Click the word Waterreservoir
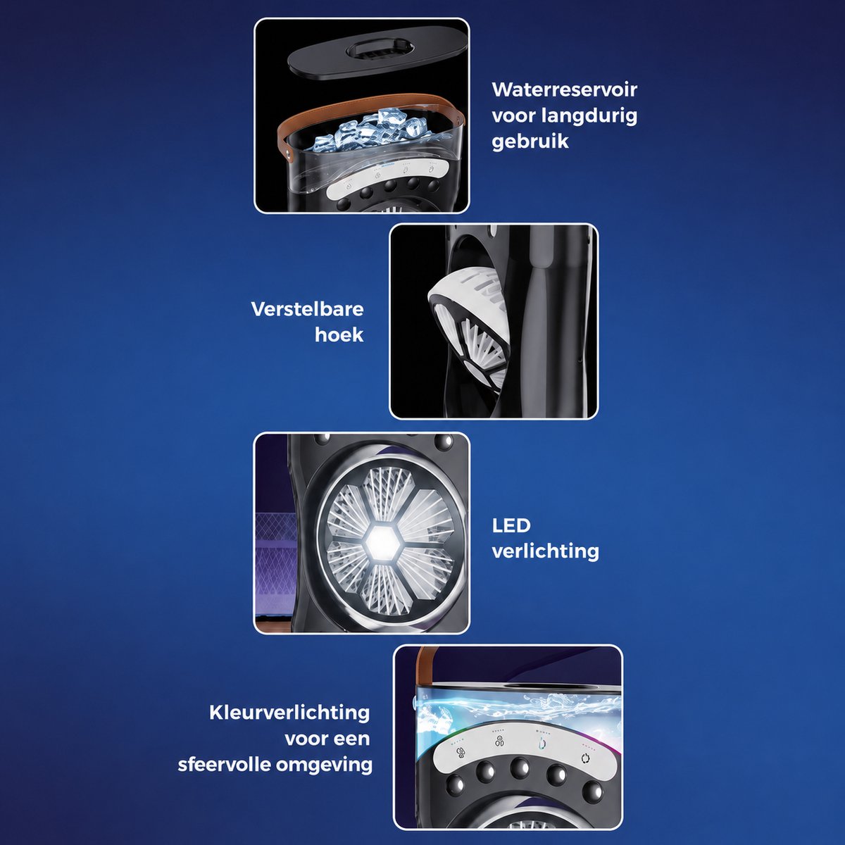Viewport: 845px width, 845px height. coord(564,90)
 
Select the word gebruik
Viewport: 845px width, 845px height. coord(530,142)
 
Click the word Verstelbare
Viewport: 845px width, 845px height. coord(308,310)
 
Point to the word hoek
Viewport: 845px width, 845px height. coord(339,335)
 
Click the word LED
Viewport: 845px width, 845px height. coord(511,525)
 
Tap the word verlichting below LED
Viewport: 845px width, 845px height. coord(546,551)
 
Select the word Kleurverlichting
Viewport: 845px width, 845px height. coord(289,713)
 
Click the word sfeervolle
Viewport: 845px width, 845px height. coord(224,765)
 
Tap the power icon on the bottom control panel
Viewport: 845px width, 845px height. coord(584,758)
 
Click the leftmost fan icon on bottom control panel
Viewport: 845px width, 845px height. coord(461,753)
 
